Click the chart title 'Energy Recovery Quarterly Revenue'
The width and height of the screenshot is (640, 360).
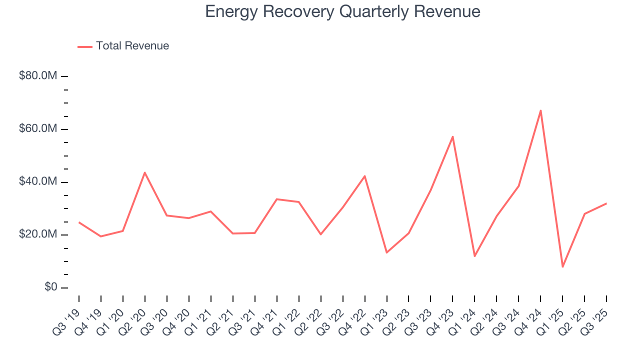(x=342, y=11)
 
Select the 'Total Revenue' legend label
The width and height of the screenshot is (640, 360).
(x=132, y=46)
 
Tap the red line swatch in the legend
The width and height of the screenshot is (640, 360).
(x=85, y=46)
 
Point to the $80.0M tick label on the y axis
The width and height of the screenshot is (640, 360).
(x=38, y=76)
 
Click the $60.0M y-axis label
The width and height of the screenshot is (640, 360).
(x=38, y=129)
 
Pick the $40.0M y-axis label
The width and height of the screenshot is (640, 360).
(x=38, y=182)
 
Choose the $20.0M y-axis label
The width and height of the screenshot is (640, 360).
(x=38, y=235)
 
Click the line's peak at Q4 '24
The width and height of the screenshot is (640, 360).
(x=540, y=110)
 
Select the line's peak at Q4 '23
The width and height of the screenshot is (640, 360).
(x=452, y=136)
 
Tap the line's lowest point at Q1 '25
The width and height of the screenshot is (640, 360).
(x=562, y=266)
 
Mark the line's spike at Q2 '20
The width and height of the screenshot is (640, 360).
(x=145, y=172)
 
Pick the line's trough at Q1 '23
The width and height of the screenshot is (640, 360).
(x=386, y=252)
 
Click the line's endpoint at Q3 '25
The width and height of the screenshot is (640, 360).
(x=606, y=203)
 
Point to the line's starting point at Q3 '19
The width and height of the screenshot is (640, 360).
(x=79, y=222)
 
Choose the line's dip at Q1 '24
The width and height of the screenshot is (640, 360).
(x=474, y=256)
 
